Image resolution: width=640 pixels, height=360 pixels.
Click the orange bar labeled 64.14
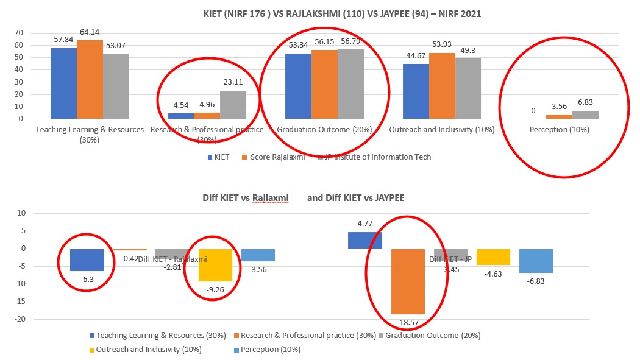pos(90,79)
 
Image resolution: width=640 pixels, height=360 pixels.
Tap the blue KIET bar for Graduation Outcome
pos(298,86)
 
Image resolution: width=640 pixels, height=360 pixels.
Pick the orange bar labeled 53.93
pos(441,86)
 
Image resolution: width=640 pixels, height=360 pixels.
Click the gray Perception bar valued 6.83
pos(586,115)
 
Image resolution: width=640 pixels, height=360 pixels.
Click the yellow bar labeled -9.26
pos(215,265)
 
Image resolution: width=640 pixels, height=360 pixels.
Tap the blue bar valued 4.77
pos(364,241)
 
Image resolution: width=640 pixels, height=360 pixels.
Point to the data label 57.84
pos(63,39)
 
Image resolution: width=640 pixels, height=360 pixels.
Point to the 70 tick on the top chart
pos(18,33)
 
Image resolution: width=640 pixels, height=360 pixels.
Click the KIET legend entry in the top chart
pos(218,157)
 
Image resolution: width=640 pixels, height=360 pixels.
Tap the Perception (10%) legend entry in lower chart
pos(271,350)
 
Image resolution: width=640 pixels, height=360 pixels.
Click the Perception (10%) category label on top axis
pos(559,130)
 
